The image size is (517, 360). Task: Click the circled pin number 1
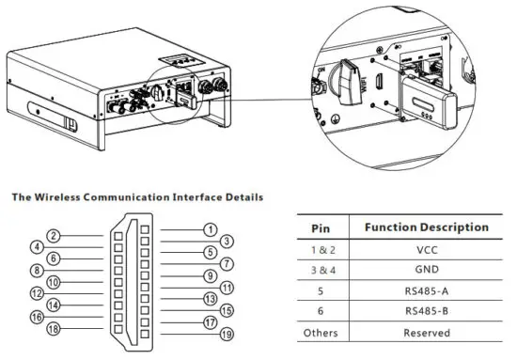[x=211, y=228]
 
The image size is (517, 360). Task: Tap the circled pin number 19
[x=226, y=334]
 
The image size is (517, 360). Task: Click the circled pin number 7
[x=227, y=264]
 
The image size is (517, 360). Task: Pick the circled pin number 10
[x=55, y=281]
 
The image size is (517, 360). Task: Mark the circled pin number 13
[x=211, y=298]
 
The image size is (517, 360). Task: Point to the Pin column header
[x=319, y=227]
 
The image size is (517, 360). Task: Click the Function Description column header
[x=426, y=227]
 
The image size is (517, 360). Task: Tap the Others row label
[x=319, y=333]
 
